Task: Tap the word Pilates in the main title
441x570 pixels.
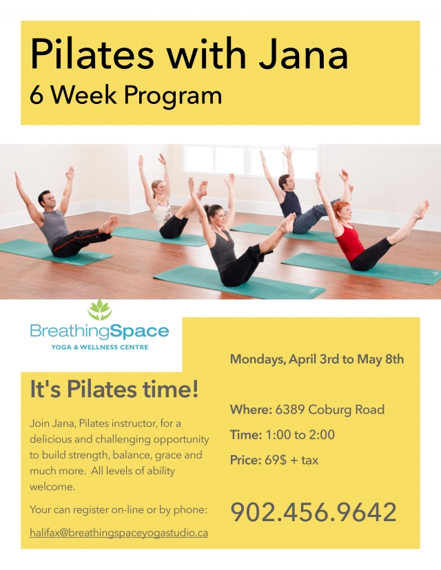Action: click(x=92, y=54)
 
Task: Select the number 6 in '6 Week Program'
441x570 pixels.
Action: click(x=37, y=95)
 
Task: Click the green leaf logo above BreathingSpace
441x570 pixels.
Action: click(x=100, y=310)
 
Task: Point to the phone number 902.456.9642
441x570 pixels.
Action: click(x=314, y=512)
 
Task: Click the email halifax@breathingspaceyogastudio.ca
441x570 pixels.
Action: click(x=119, y=533)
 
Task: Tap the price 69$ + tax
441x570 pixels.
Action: click(x=291, y=461)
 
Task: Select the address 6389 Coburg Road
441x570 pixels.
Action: click(x=329, y=410)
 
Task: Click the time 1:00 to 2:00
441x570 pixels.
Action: click(x=300, y=435)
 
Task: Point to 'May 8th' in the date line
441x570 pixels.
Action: click(x=380, y=359)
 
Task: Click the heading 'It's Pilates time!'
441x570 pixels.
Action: click(x=114, y=389)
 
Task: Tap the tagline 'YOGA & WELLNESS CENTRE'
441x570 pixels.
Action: click(x=100, y=347)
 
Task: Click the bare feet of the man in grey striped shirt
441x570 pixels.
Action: click(x=109, y=224)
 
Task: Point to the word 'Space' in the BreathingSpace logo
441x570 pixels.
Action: click(x=139, y=332)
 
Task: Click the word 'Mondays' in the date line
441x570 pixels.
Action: click(x=258, y=359)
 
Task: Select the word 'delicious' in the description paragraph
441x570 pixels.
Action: click(x=50, y=439)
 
